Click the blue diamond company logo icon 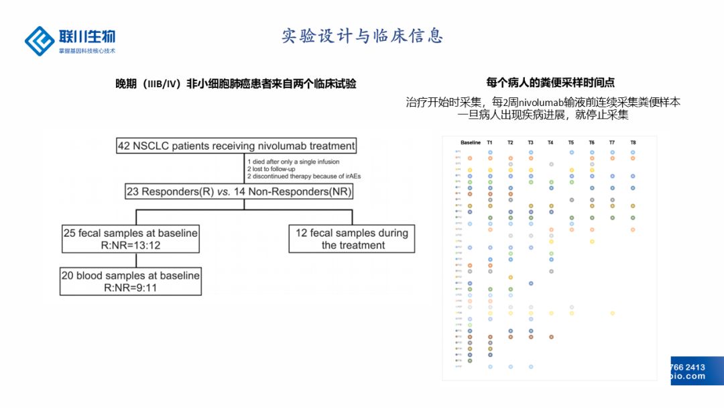click(40, 41)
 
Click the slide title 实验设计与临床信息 click(362, 36)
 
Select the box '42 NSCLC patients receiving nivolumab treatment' click(236, 146)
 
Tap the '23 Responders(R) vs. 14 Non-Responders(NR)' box click(239, 192)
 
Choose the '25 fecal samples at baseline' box click(131, 239)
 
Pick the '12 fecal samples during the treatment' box click(352, 239)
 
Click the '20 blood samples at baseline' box click(131, 281)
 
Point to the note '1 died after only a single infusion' click(294, 162)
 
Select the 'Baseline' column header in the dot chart click(471, 143)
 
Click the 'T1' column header click(490, 143)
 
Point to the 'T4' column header click(550, 143)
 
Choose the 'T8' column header click(633, 143)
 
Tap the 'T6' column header click(591, 143)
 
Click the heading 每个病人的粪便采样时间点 click(550, 83)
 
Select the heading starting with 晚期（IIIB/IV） click(236, 84)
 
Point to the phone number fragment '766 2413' click(688, 367)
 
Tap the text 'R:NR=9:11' click(131, 287)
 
